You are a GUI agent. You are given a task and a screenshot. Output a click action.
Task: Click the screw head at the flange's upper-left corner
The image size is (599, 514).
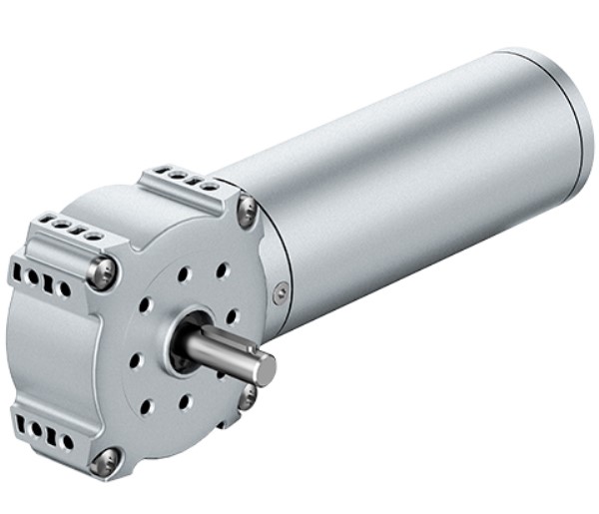103,270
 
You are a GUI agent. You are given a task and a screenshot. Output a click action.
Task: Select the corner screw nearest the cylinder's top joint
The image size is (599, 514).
246,210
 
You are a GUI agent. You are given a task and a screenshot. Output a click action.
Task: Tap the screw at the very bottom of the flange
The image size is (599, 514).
105,460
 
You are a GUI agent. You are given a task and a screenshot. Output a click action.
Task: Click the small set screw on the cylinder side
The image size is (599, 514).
283,291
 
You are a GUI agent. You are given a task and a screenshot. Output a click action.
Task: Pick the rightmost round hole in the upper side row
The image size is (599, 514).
65,289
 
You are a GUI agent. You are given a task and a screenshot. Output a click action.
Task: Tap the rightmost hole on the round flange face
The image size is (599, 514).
232,316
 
